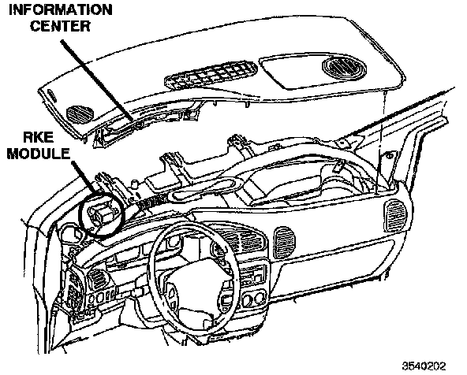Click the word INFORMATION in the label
click(x=61, y=9)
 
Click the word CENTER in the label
click(x=60, y=26)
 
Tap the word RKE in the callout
click(x=39, y=137)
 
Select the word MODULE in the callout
click(x=38, y=154)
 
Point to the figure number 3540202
click(x=424, y=366)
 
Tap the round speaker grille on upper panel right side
click(x=344, y=67)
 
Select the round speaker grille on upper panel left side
click(x=80, y=113)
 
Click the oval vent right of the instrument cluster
click(x=285, y=242)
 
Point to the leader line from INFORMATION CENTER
click(x=97, y=81)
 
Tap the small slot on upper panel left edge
click(x=52, y=95)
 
